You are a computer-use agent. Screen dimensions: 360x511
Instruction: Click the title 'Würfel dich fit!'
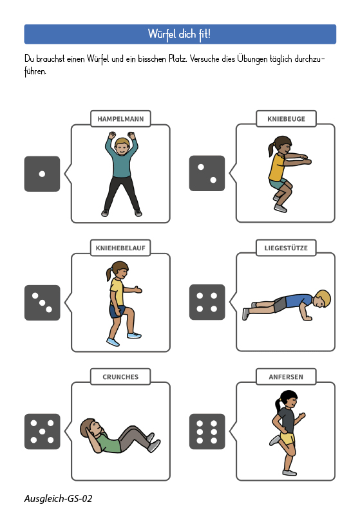click(x=179, y=34)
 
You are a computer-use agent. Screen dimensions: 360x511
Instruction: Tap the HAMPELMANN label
click(x=120, y=119)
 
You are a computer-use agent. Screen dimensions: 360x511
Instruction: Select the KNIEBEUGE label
click(x=286, y=119)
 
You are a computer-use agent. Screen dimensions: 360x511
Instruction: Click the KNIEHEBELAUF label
click(x=120, y=248)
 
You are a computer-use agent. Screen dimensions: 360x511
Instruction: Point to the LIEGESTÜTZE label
click(x=286, y=248)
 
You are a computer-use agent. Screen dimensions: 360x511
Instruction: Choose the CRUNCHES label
click(x=120, y=377)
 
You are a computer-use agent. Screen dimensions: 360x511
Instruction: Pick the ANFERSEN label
click(x=286, y=377)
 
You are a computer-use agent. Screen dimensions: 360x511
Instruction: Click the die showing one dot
click(x=42, y=174)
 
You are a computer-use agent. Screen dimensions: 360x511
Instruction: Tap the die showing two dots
click(x=207, y=173)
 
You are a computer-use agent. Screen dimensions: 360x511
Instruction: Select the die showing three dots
click(x=42, y=302)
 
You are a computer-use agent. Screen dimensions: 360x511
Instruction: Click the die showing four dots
click(x=207, y=302)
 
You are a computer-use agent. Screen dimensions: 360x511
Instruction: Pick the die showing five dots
click(x=42, y=431)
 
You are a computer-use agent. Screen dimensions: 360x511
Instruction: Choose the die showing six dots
click(x=207, y=431)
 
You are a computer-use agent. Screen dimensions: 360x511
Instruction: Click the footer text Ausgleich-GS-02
click(x=58, y=499)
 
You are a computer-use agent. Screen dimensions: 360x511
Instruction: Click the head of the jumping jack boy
click(x=122, y=147)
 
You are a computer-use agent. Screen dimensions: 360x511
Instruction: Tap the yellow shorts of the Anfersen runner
click(x=287, y=438)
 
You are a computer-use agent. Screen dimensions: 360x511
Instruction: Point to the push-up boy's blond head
click(x=321, y=299)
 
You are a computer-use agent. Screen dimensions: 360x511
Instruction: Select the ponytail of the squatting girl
click(x=271, y=149)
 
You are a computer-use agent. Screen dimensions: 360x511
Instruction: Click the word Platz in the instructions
click(x=177, y=59)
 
